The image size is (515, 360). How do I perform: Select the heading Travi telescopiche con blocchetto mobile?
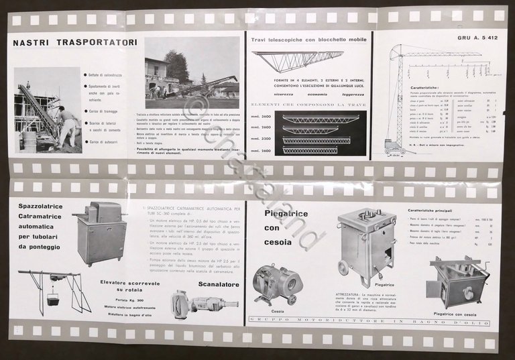(308, 40)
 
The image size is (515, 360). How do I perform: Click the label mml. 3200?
(262, 140)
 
